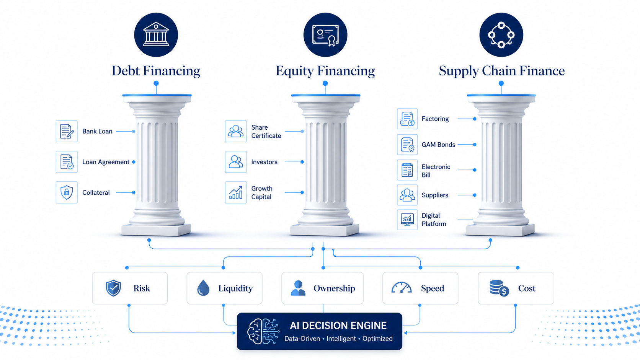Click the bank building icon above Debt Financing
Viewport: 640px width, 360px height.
pyautogui.click(x=156, y=34)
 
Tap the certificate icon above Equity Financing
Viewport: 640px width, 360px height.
pyautogui.click(x=325, y=34)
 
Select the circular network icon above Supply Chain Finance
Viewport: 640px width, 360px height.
pyautogui.click(x=501, y=34)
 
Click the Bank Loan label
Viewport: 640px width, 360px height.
pyautogui.click(x=97, y=131)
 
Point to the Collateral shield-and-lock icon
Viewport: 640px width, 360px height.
pyautogui.click(x=67, y=192)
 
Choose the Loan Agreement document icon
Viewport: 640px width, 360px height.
pyautogui.click(x=67, y=162)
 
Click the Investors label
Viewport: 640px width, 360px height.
pyautogui.click(x=264, y=162)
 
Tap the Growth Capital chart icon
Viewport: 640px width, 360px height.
pyautogui.click(x=236, y=192)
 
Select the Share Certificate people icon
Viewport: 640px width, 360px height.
pyautogui.click(x=236, y=131)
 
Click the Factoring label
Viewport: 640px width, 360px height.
pyautogui.click(x=435, y=119)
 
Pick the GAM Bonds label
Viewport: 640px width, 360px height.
pyautogui.click(x=438, y=145)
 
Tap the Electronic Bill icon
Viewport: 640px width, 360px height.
pyautogui.click(x=407, y=170)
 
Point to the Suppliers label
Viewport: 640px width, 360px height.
pyautogui.click(x=435, y=195)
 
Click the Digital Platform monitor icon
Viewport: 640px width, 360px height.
pyautogui.click(x=407, y=220)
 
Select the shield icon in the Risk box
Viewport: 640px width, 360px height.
pyautogui.click(x=113, y=288)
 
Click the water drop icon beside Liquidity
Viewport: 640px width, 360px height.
pyautogui.click(x=203, y=288)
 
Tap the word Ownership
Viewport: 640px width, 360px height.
pyautogui.click(x=334, y=288)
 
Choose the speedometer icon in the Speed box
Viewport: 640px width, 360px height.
pyautogui.click(x=402, y=288)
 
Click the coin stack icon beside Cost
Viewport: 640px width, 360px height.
pyautogui.click(x=499, y=288)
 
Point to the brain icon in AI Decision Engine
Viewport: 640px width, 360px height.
pyautogui.click(x=263, y=331)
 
